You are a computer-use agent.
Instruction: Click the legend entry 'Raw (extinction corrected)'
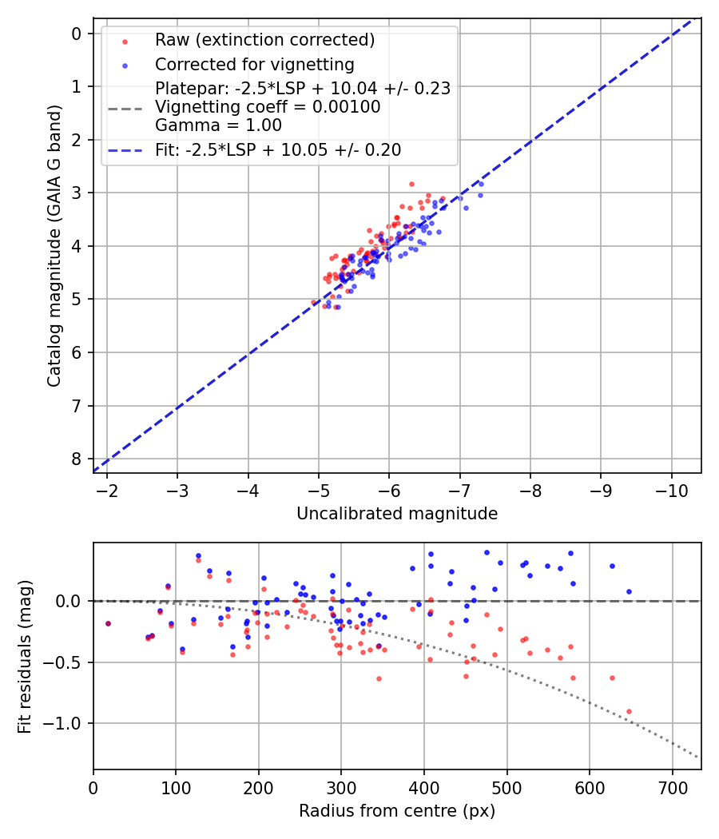tap(264, 40)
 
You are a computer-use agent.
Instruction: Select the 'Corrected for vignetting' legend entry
tap(254, 64)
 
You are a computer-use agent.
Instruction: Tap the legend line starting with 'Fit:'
tap(278, 150)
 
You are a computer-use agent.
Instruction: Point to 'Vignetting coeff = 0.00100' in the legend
tap(268, 106)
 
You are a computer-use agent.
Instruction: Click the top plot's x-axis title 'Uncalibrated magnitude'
tap(397, 514)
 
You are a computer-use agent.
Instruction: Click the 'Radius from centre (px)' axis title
tap(397, 812)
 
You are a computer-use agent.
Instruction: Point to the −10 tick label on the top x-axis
tap(671, 489)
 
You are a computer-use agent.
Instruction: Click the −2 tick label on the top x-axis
tap(108, 489)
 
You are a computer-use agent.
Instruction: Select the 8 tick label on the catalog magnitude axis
tap(77, 459)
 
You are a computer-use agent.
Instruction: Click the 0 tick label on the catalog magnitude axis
tap(77, 34)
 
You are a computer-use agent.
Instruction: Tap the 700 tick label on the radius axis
tap(672, 787)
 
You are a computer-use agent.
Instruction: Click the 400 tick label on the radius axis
tap(424, 787)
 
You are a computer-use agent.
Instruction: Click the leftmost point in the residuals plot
tap(108, 623)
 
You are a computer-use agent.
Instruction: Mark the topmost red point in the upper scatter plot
tap(411, 184)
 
